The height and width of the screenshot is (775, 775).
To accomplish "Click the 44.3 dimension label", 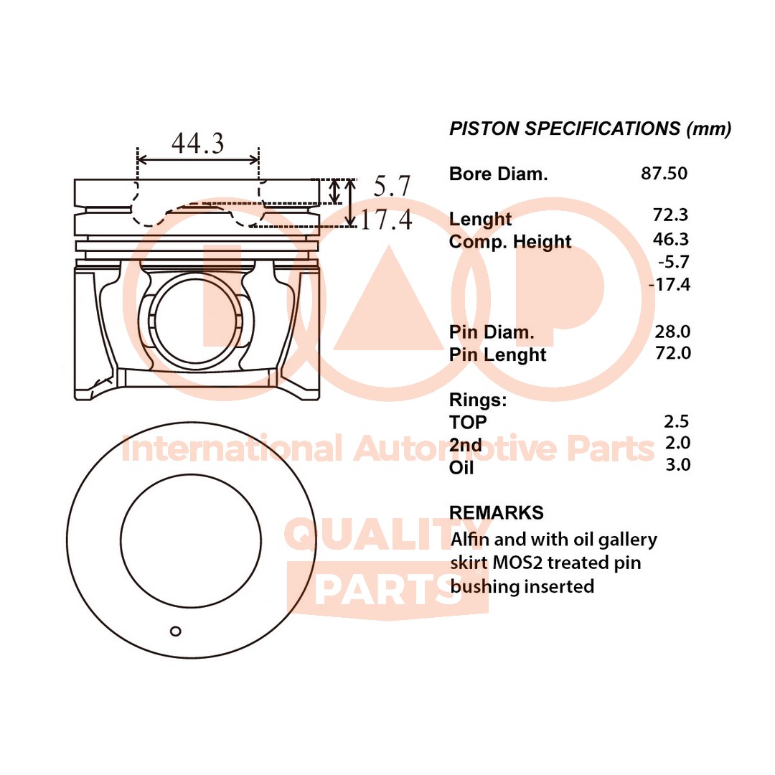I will [x=197, y=144].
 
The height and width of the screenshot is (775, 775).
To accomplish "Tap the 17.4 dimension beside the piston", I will [x=385, y=220].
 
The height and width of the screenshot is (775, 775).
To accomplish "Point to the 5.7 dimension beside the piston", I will [x=392, y=187].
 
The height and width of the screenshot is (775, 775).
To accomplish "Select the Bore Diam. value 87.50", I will [x=664, y=173].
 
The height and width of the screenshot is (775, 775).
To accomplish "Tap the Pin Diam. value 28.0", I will [x=672, y=332].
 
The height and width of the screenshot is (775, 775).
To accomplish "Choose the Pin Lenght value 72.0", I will [x=672, y=352].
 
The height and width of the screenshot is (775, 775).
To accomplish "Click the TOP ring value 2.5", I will [x=677, y=421].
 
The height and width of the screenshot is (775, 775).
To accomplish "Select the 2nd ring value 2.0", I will [x=677, y=442].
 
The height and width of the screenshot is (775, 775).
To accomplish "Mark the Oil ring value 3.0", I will [x=677, y=464].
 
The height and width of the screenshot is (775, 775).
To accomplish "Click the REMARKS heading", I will [x=496, y=512].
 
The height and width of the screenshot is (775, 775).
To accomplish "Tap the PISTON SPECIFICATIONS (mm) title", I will [x=590, y=129].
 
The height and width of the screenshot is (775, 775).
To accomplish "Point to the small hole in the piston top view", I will [x=176, y=631].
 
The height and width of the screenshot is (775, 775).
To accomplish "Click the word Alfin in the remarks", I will [x=469, y=539].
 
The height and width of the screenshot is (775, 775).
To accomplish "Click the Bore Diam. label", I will [x=498, y=174].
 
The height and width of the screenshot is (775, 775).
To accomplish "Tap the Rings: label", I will [x=478, y=400].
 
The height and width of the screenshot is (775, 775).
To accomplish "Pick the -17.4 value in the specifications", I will [x=669, y=285].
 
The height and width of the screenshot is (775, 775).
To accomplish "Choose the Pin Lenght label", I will [x=497, y=354].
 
